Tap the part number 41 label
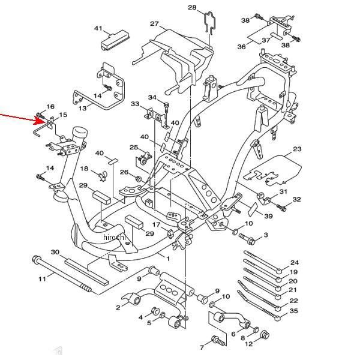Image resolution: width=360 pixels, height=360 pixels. coord(98,28)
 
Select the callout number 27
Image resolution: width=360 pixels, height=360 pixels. coord(154,23)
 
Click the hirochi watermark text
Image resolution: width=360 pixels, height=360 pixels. coord(115,237)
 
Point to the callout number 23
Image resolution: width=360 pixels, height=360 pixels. coord(297,149)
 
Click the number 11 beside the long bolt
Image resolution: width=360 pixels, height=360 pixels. coord(42,279)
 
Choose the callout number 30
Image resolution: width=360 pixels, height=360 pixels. coord(55,252)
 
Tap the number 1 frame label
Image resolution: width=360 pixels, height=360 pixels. coord(168,259)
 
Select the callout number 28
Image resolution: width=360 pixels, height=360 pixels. coord(192,7)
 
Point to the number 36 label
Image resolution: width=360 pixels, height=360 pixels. coord(241,47)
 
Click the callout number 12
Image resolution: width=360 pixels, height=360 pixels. coord(249,344)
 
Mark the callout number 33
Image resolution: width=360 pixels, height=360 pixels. coord(135,104)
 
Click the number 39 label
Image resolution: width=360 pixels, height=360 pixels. coord(268,216)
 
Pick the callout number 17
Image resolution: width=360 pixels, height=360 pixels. coord(157,224)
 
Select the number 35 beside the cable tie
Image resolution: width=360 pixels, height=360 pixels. coord(293,311)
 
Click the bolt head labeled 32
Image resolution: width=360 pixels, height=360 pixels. coord(283,209)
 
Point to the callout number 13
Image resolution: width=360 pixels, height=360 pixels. coord(82,107)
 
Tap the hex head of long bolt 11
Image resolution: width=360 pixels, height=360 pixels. coord(37,259)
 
